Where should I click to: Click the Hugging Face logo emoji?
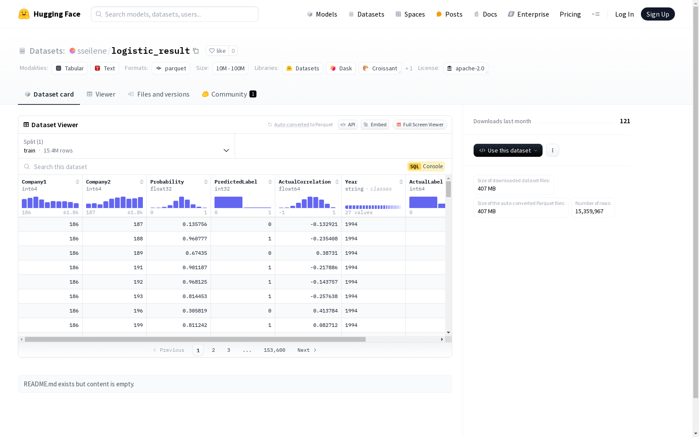[24, 14]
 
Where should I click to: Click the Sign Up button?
[657, 14]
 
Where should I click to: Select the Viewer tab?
[101, 94]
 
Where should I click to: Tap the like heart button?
[217, 51]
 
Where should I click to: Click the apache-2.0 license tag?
[466, 68]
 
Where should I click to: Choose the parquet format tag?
[171, 68]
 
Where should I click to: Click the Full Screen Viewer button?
[420, 125]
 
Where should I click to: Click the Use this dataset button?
[508, 150]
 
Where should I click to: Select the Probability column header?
[167, 182]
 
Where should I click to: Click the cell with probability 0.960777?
[179, 239]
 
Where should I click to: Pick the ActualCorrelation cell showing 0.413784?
[308, 311]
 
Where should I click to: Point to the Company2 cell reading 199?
[114, 325]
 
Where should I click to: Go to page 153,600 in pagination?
[274, 350]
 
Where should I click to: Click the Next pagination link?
[307, 350]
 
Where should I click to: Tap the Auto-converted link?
[291, 125]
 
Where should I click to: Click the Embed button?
[375, 125]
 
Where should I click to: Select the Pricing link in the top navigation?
[570, 14]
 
